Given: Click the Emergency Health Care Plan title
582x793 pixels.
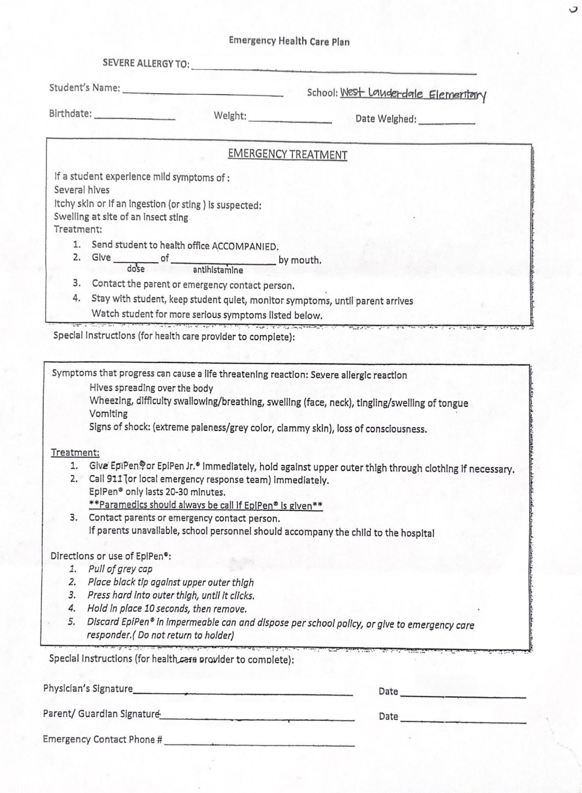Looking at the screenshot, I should pos(289,41).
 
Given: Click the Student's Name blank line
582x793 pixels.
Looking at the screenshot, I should pos(203,93).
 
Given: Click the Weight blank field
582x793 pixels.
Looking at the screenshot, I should pos(290,120).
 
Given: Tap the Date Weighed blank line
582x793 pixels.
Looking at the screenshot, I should pos(447,122).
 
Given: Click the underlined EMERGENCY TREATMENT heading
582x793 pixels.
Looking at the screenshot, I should pos(287,155).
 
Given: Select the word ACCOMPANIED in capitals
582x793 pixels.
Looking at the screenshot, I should pos(245,247).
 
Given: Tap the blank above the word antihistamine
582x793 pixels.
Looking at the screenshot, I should pos(223,261).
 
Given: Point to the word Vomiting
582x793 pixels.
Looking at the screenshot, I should pos(108,414).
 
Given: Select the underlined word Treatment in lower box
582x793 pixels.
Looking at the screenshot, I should pos(75,453).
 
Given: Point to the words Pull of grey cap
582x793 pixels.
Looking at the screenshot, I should pos(120,569).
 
